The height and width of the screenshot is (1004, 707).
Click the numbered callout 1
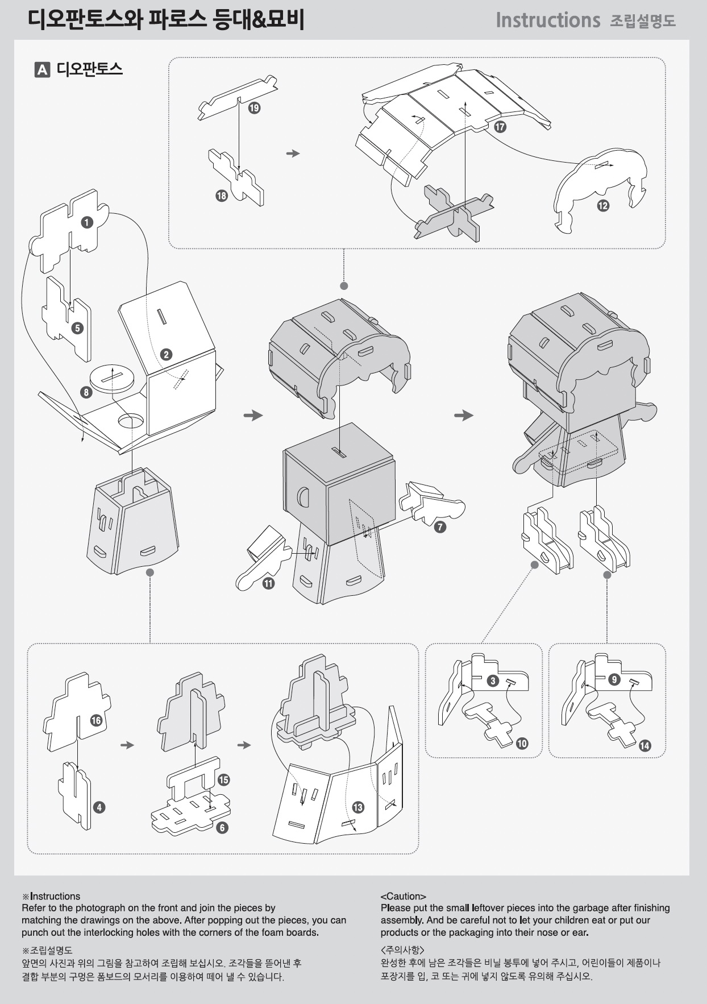tap(86, 222)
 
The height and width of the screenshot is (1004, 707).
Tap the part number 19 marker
tap(254, 107)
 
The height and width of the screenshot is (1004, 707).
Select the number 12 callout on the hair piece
tap(603, 205)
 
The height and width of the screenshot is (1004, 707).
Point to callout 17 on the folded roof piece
tap(500, 127)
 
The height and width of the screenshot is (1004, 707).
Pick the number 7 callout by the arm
tap(440, 527)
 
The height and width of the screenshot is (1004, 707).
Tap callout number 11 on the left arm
tap(268, 583)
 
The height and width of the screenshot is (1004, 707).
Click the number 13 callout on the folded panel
tap(357, 807)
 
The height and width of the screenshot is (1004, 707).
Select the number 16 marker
tap(96, 720)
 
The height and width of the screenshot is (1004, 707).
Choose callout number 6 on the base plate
tap(222, 828)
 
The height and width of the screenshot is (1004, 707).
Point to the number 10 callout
tap(522, 743)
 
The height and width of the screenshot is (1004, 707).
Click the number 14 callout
tap(644, 745)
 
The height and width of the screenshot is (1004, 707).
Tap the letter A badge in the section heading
tap(43, 69)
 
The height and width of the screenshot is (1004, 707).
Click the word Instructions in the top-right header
tap(548, 20)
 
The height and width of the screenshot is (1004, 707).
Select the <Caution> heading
tap(404, 896)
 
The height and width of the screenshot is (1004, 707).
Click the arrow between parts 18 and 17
tap(293, 153)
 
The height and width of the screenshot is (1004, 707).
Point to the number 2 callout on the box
tap(166, 355)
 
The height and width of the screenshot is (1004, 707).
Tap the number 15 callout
tap(223, 779)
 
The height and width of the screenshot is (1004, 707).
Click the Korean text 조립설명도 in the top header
tap(643, 21)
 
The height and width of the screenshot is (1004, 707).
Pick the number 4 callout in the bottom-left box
tap(99, 807)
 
